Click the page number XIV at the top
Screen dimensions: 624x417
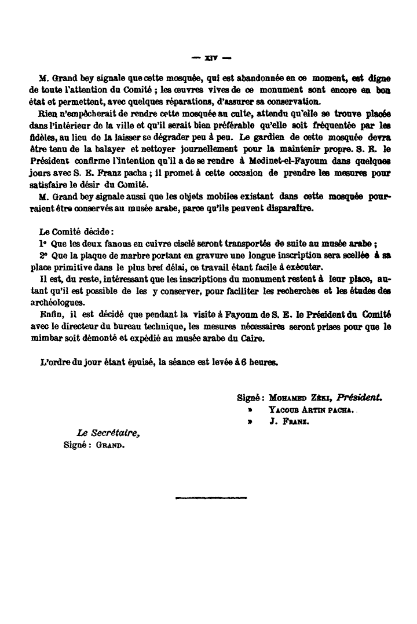click(x=211, y=58)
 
